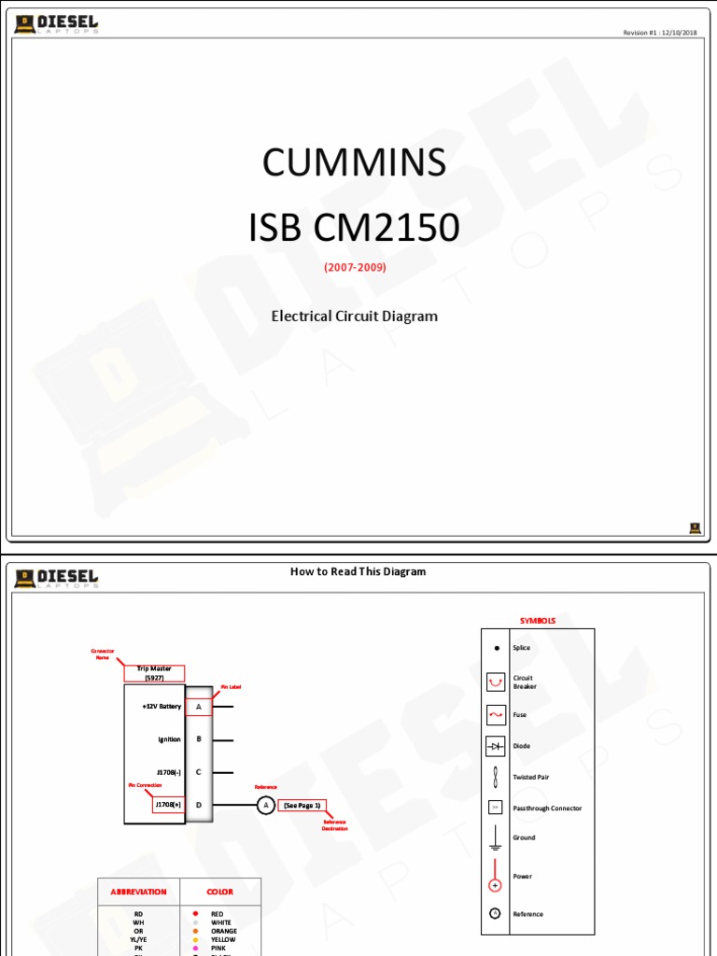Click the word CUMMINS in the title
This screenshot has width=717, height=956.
(354, 163)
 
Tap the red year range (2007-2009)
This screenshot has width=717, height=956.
(355, 267)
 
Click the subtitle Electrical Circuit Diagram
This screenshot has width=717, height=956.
(354, 316)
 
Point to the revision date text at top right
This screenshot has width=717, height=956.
(661, 33)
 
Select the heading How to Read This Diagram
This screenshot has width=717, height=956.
(358, 571)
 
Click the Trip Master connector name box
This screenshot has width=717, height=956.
(154, 673)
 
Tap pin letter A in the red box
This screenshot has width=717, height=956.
(199, 707)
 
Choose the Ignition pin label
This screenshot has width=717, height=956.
(169, 739)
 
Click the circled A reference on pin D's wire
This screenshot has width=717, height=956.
(265, 805)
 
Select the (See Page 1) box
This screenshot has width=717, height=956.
(302, 805)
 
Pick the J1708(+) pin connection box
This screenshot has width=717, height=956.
(169, 805)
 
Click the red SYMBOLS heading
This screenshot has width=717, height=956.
(538, 621)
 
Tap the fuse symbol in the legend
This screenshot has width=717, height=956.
(496, 715)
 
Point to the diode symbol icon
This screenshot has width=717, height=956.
(496, 747)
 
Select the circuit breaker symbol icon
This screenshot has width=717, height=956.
(496, 682)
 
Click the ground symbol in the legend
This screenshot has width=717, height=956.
(496, 838)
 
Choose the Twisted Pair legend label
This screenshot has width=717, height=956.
(531, 777)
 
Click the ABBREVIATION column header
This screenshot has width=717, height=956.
(138, 892)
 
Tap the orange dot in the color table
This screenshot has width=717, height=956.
(194, 931)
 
